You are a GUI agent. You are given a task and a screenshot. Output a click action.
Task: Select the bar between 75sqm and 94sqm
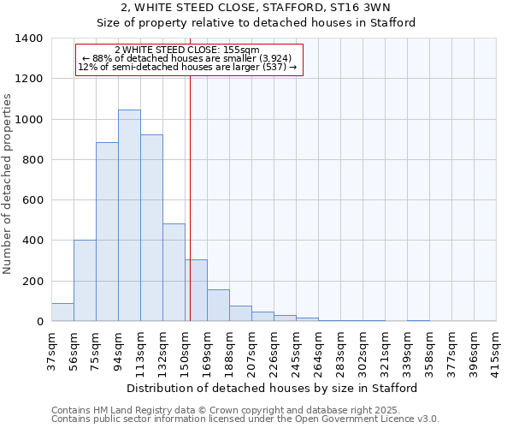click(x=107, y=232)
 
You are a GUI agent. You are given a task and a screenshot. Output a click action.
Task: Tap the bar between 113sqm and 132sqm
click(x=151, y=228)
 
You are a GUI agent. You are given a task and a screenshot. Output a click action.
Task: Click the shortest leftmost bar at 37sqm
click(x=62, y=312)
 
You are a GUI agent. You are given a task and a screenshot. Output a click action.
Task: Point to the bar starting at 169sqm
click(x=218, y=306)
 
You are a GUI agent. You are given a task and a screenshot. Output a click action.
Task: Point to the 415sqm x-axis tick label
click(x=496, y=348)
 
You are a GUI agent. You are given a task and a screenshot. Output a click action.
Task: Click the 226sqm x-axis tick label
click(x=274, y=348)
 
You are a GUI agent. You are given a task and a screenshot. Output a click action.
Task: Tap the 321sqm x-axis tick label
click(x=385, y=348)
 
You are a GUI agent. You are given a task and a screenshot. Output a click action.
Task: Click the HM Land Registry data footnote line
click(x=245, y=410)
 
